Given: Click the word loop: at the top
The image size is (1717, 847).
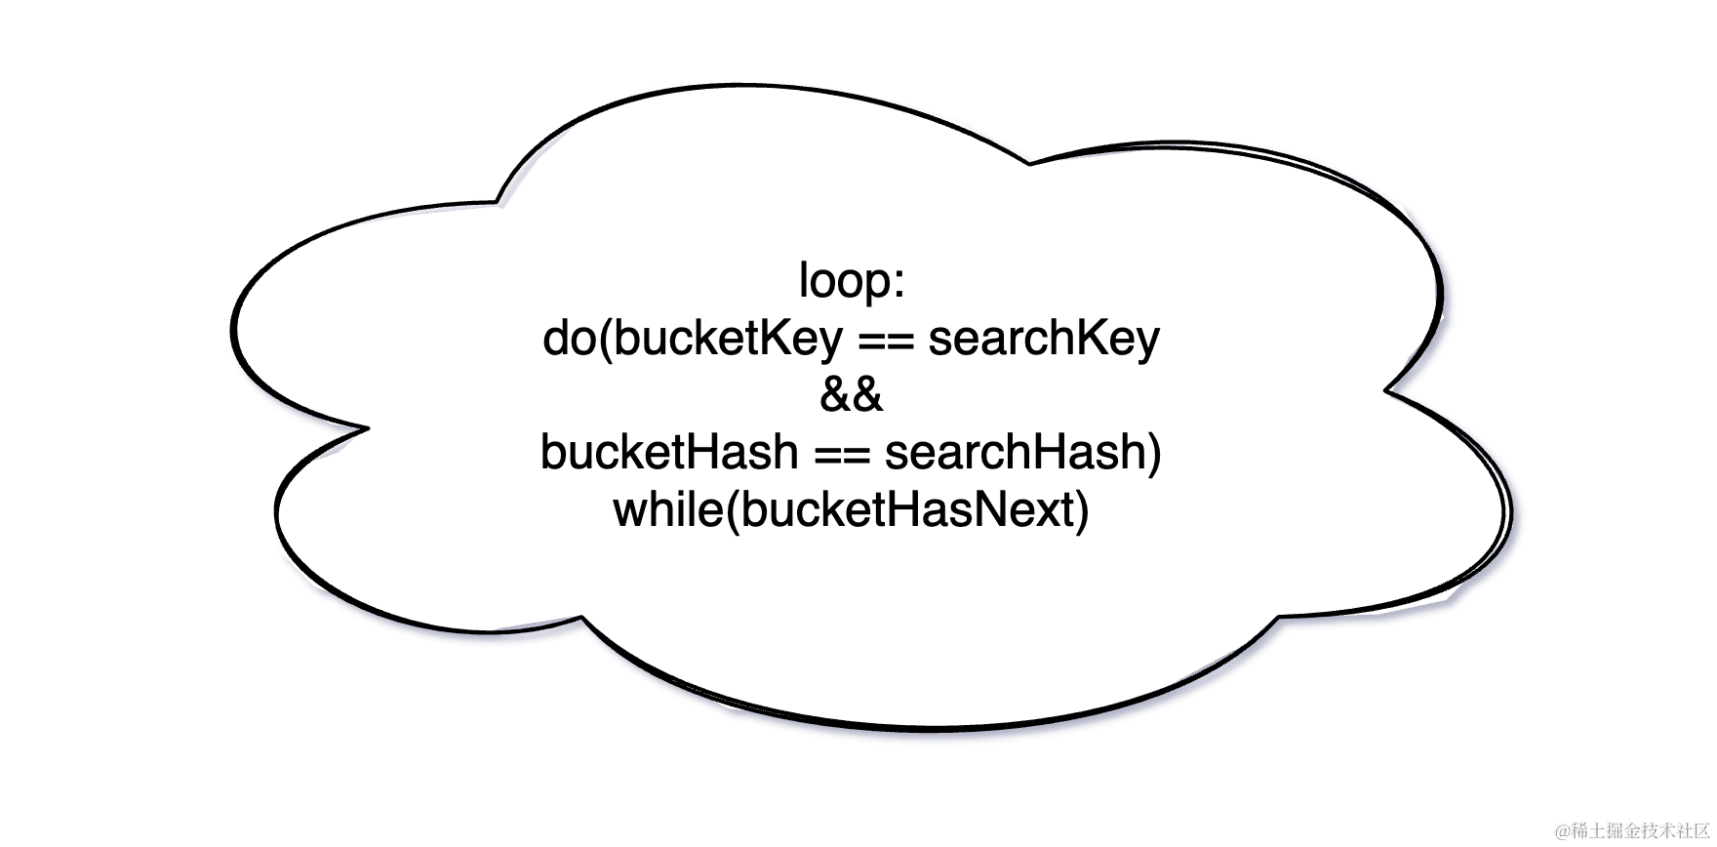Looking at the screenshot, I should pyautogui.click(x=852, y=281).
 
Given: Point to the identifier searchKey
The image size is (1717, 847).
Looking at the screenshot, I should pyautogui.click(x=1044, y=339).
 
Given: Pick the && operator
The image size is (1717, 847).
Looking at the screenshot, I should pyautogui.click(x=851, y=395).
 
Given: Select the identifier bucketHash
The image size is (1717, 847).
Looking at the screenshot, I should pyautogui.click(x=669, y=452).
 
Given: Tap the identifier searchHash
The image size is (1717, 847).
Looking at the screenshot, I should pyautogui.click(x=1015, y=452).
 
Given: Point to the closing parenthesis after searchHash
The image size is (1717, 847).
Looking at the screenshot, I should pyautogui.click(x=1155, y=453).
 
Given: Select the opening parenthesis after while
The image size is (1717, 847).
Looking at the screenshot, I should pyautogui.click(x=733, y=510).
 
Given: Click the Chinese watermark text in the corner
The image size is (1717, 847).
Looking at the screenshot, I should pyautogui.click(x=1643, y=830).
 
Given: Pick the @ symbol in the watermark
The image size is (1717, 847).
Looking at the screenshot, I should pyautogui.click(x=1563, y=831).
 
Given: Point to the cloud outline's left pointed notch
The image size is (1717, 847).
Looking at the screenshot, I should pyautogui.click(x=367, y=427).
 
